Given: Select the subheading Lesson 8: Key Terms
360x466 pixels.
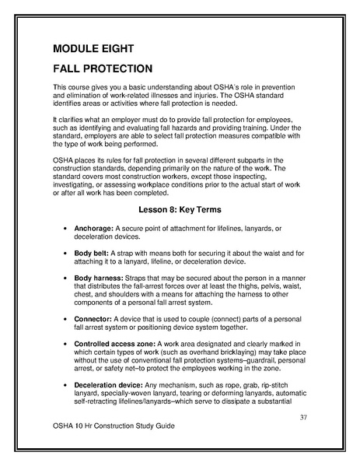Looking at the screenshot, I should click(180, 210).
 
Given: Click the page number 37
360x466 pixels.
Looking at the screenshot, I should click(304, 418).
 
